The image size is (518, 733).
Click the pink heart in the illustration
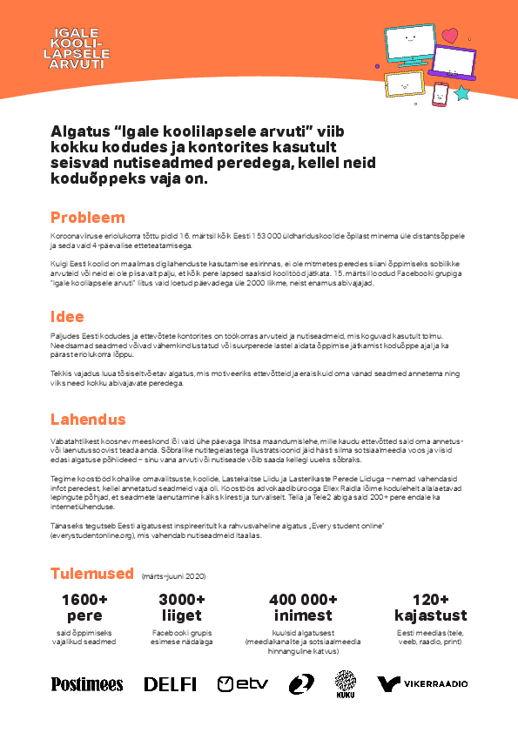[x=449, y=37]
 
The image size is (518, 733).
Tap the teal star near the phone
[x=462, y=92]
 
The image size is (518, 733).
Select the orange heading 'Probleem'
[x=87, y=218]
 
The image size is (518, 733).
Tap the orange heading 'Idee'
[x=69, y=317]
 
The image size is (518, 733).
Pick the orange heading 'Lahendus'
[x=88, y=419]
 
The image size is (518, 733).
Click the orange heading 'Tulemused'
[x=91, y=574]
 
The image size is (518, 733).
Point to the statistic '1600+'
[x=84, y=600]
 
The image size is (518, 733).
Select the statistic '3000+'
[x=182, y=600]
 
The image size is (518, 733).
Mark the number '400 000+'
[x=303, y=600]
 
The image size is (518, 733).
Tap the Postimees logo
[x=87, y=684]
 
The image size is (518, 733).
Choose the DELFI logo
[x=170, y=684]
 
